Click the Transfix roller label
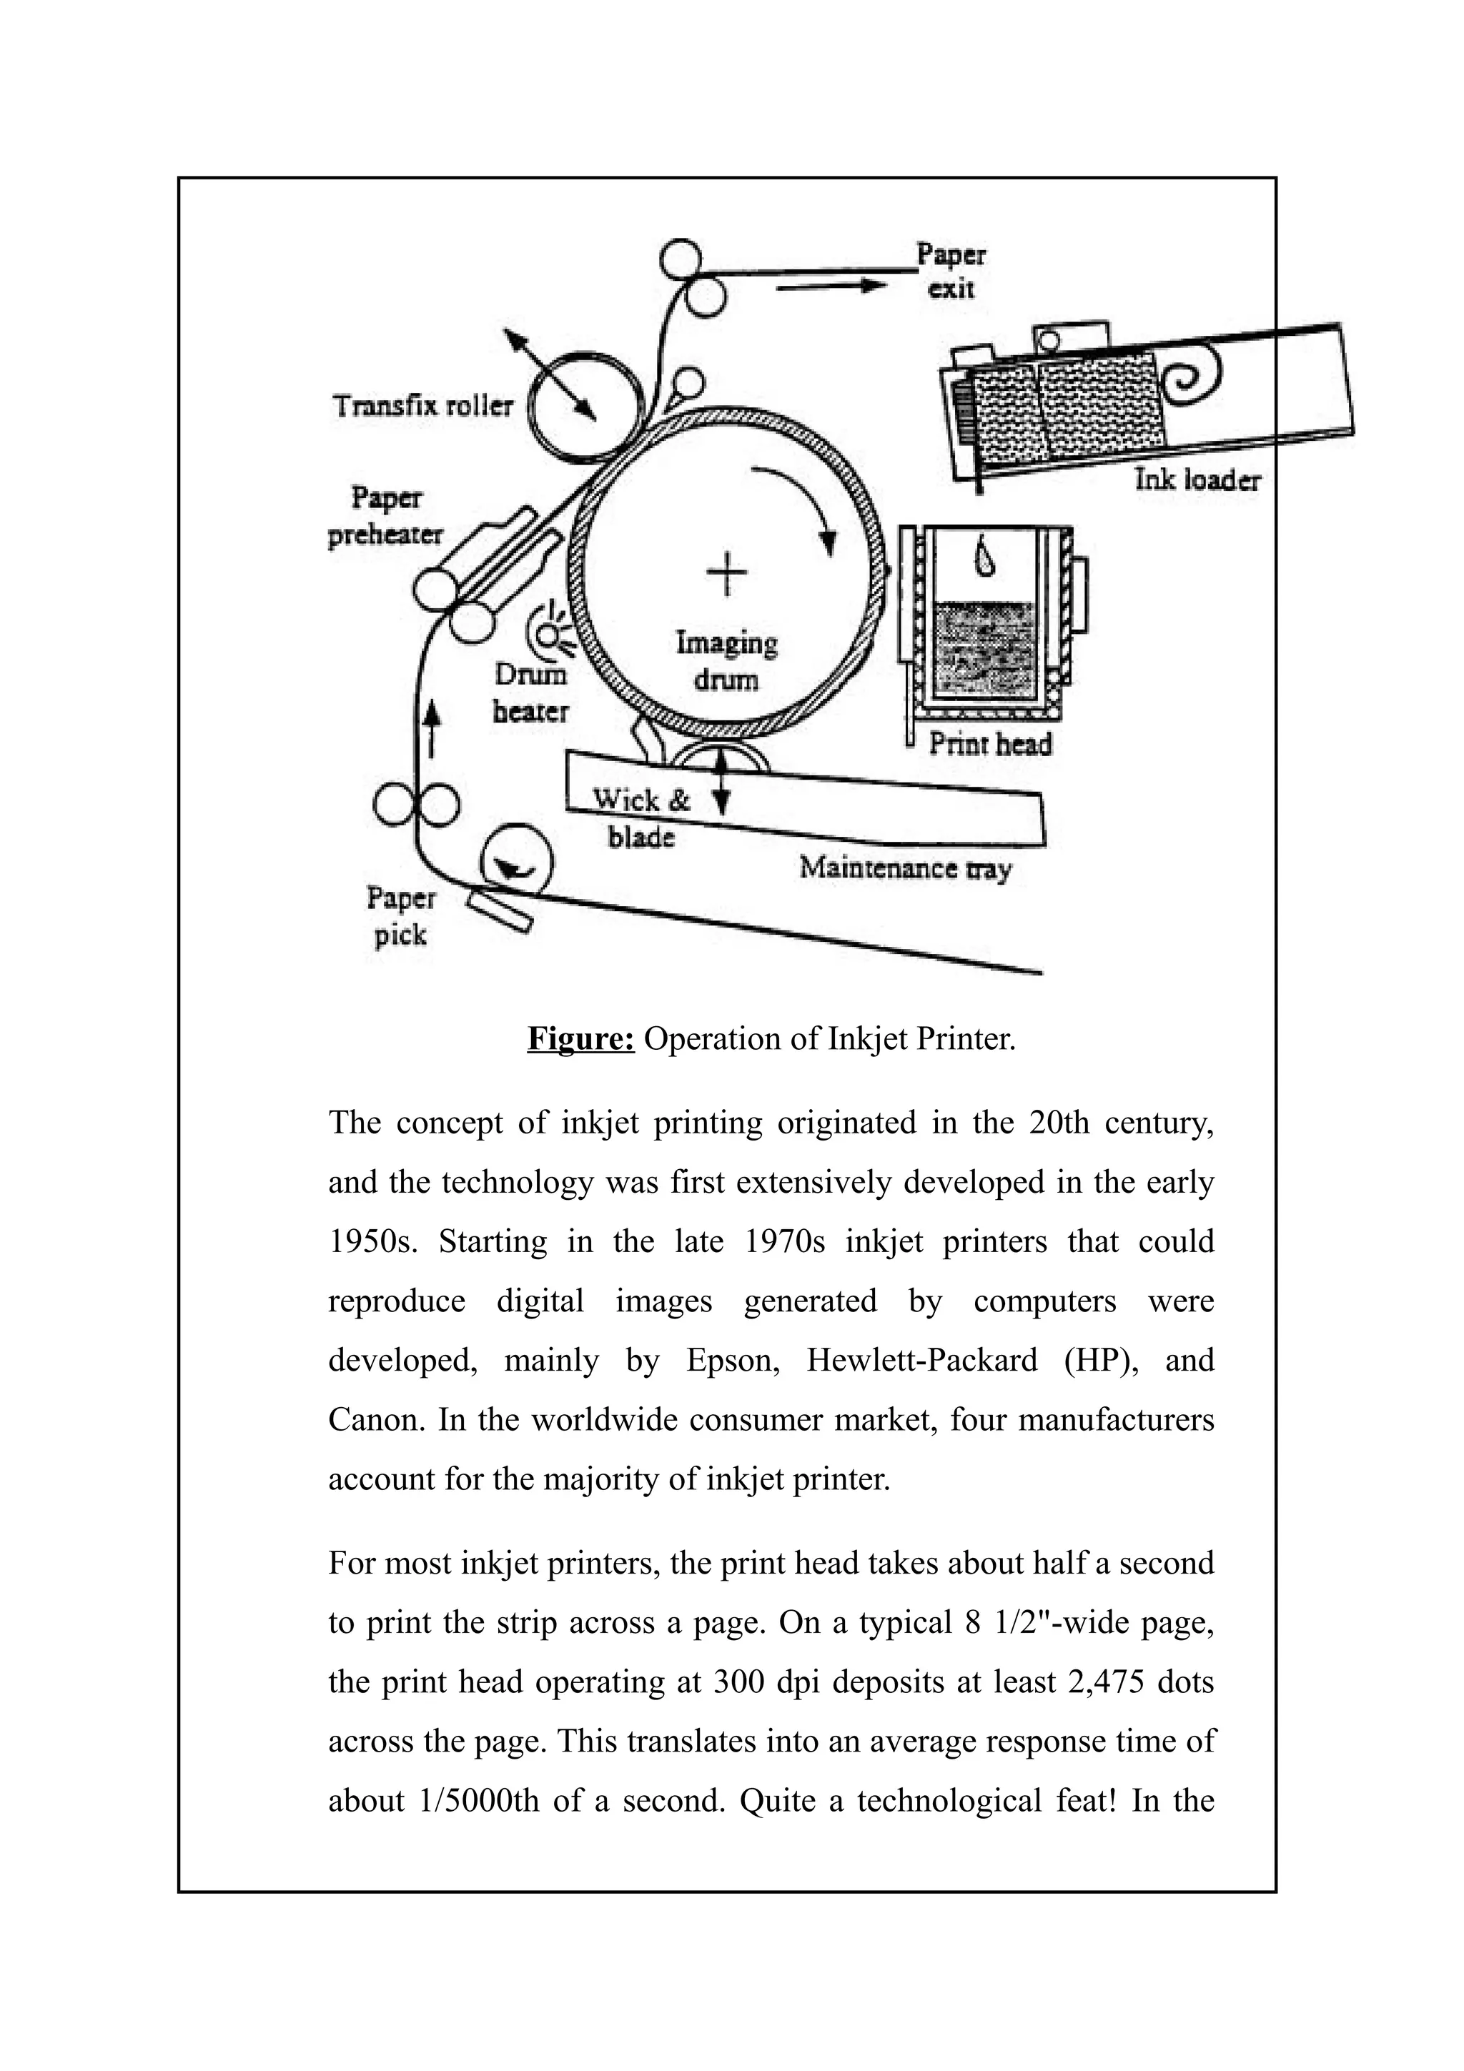[x=423, y=406]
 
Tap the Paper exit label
[x=951, y=271]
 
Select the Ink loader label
[x=1197, y=480]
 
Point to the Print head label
[x=991, y=744]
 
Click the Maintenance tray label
[x=905, y=868]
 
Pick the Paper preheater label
[x=385, y=516]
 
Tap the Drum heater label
[x=530, y=692]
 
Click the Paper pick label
[x=400, y=915]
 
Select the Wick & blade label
[x=641, y=818]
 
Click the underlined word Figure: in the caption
[x=581, y=1039]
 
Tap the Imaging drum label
[x=726, y=661]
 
